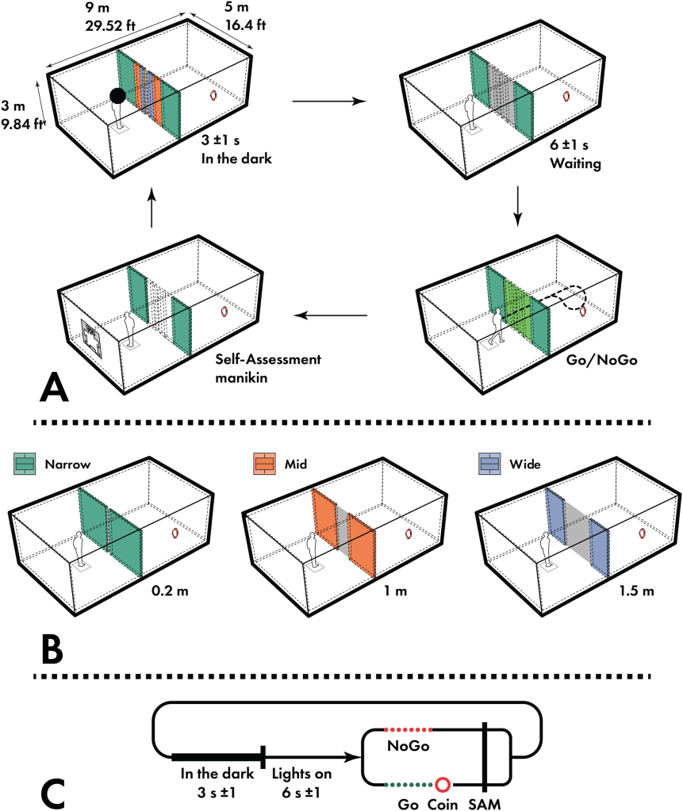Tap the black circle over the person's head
[117, 96]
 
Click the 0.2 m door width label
[171, 591]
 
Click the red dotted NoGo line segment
[408, 730]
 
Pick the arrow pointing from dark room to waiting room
[324, 101]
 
